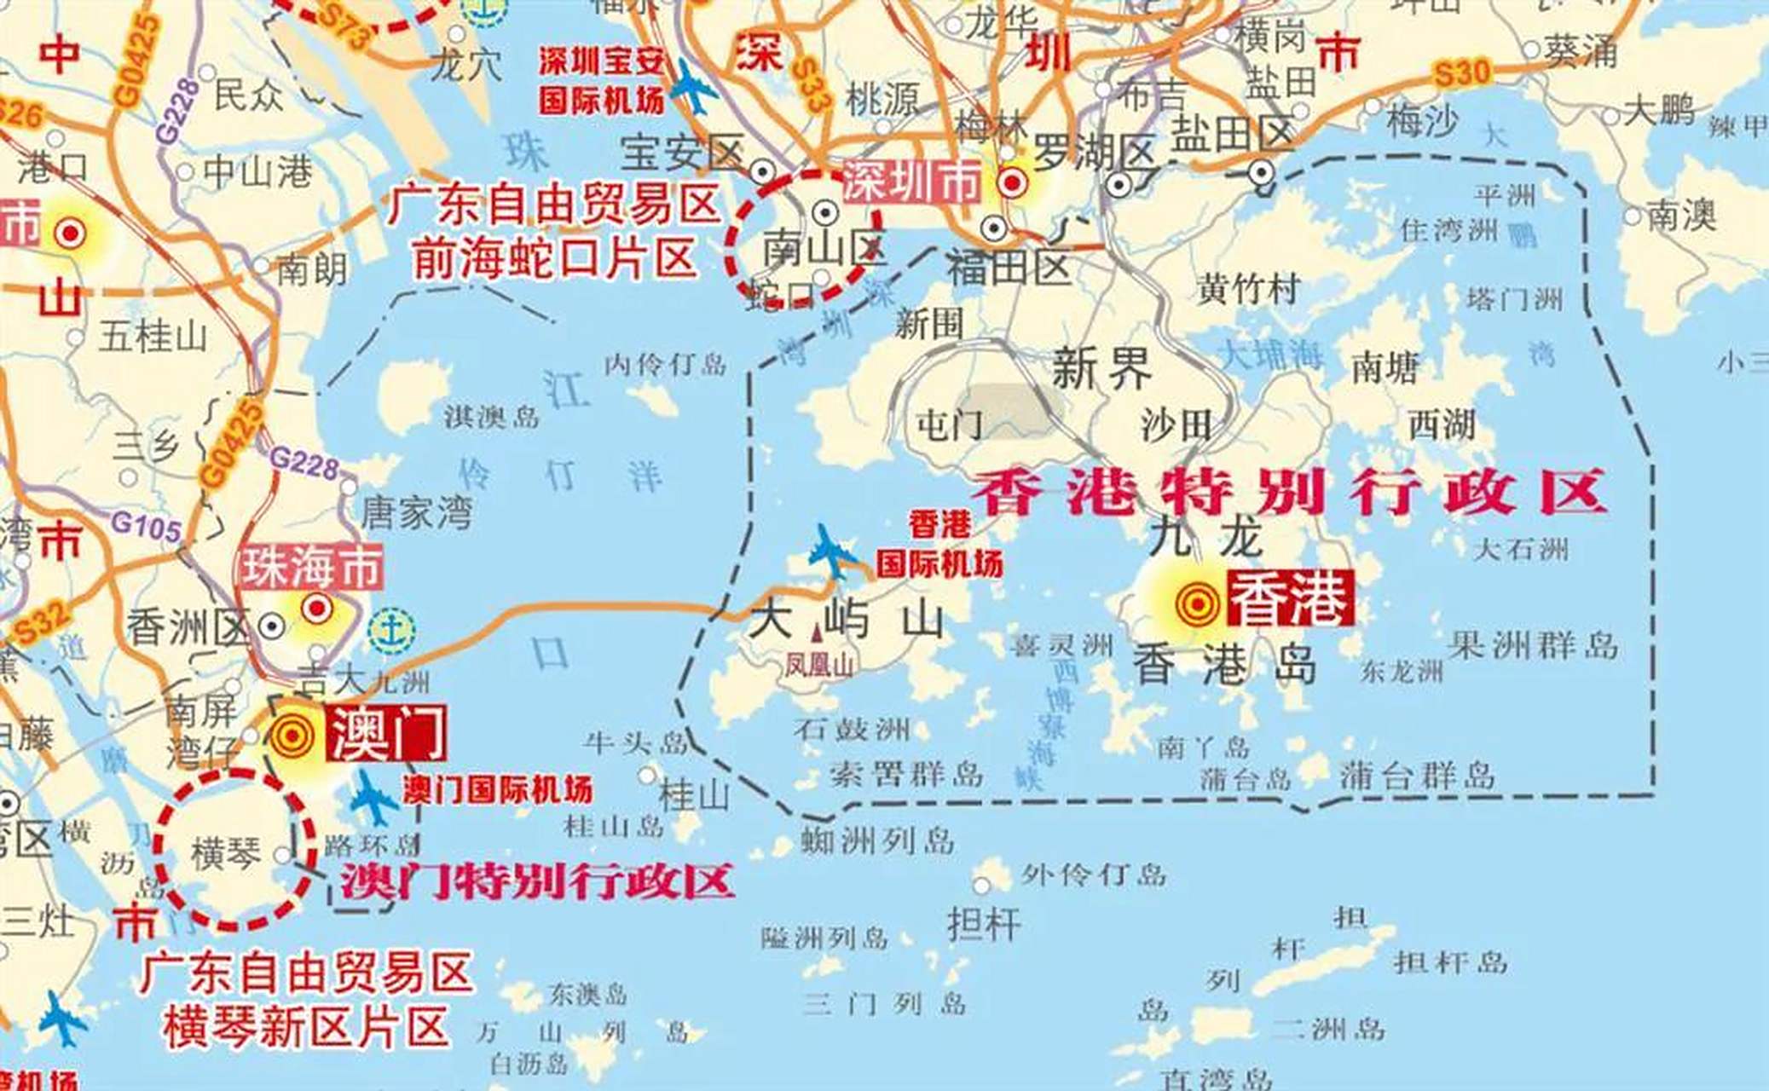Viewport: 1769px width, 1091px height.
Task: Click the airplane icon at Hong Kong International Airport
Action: [830, 552]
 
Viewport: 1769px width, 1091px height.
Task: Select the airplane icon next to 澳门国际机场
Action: [373, 798]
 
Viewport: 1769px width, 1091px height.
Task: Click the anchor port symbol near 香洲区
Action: [392, 631]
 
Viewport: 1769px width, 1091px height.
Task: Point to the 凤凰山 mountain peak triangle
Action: [818, 633]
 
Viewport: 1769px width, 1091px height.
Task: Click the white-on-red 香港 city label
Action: [1290, 598]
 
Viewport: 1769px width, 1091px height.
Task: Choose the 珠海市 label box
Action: [311, 568]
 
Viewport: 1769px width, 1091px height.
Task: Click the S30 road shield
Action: [1461, 73]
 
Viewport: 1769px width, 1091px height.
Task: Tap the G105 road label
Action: [146, 526]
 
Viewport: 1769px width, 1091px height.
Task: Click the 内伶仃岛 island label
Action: [665, 366]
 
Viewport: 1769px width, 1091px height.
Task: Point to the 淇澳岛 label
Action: [491, 417]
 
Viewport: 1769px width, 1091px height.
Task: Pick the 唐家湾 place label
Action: [416, 513]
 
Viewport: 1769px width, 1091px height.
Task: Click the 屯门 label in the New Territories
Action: [950, 424]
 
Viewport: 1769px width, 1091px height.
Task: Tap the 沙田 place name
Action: [1176, 424]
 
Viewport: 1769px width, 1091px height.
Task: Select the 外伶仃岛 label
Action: [1094, 875]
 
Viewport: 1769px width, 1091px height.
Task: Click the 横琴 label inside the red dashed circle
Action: [225, 853]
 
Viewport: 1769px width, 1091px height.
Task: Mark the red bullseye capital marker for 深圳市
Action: [1013, 182]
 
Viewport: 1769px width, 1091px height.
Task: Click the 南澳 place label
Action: [1680, 216]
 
